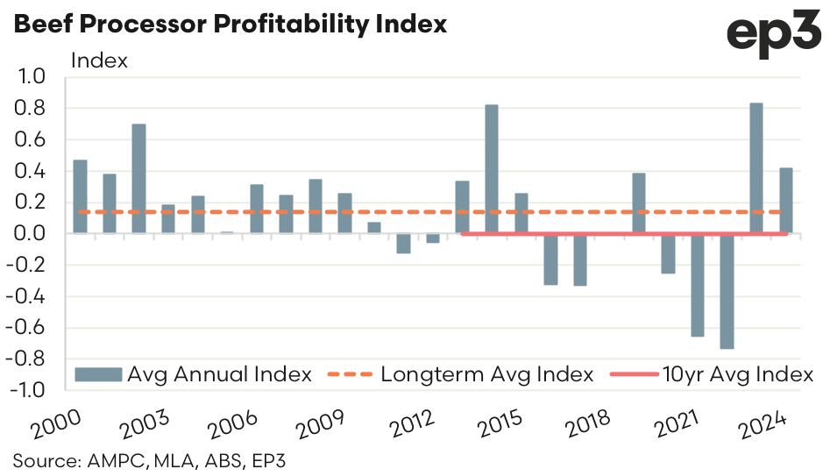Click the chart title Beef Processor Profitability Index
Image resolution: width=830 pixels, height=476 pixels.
(230, 24)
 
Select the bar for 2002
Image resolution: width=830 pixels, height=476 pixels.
(138, 179)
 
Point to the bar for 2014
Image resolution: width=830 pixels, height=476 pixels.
(492, 169)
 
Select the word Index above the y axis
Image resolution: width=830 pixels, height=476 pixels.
(99, 60)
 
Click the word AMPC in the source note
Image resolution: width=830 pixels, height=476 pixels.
(104, 460)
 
